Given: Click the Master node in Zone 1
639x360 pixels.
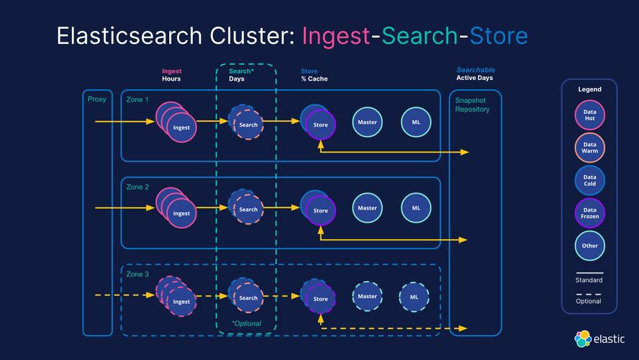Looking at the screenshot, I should [x=367, y=122].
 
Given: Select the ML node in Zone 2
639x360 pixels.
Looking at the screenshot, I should [x=416, y=208].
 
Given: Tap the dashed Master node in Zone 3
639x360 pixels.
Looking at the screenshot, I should [x=367, y=297].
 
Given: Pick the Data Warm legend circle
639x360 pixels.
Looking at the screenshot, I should [x=590, y=148].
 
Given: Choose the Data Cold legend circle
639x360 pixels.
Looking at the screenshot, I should [x=590, y=180].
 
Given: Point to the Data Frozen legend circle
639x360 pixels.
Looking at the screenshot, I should [x=590, y=212].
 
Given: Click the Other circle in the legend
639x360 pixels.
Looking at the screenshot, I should [x=590, y=246].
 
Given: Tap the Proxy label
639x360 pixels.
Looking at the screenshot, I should [x=96, y=99].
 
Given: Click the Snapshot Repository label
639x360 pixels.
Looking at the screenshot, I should [x=472, y=104].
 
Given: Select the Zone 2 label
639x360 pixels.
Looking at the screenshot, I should [x=137, y=186].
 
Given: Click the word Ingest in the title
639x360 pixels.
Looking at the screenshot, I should [x=335, y=36].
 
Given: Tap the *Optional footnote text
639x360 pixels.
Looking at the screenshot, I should [x=246, y=323].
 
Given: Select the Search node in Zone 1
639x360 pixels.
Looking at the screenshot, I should [x=248, y=125].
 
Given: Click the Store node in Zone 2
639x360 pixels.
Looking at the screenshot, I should [x=320, y=210].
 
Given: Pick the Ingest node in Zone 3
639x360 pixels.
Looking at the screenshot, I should [x=181, y=301].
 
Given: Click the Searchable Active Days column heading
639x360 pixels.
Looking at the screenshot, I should [x=475, y=74].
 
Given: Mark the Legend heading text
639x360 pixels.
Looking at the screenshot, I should [x=589, y=89].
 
